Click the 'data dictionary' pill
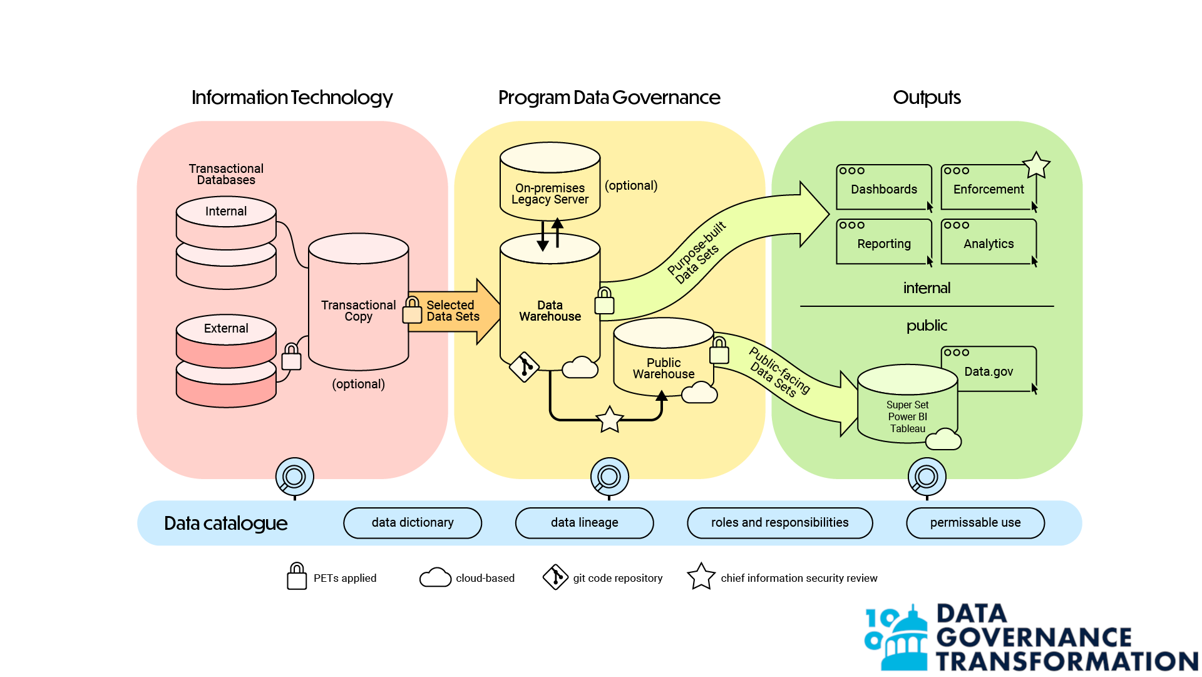click(413, 523)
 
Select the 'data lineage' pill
click(584, 523)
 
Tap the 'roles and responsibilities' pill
click(779, 523)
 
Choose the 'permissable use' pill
click(975, 523)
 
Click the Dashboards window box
click(884, 187)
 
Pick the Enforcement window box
click(989, 187)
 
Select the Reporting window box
click(884, 242)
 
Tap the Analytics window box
click(989, 242)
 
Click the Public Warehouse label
click(664, 368)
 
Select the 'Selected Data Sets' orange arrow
click(455, 311)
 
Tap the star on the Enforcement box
click(1036, 165)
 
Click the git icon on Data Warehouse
click(525, 366)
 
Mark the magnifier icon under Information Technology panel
click(294, 477)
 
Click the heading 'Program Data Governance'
click(609, 98)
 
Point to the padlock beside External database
click(291, 358)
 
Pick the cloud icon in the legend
click(435, 577)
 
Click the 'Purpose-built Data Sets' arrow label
click(697, 252)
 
